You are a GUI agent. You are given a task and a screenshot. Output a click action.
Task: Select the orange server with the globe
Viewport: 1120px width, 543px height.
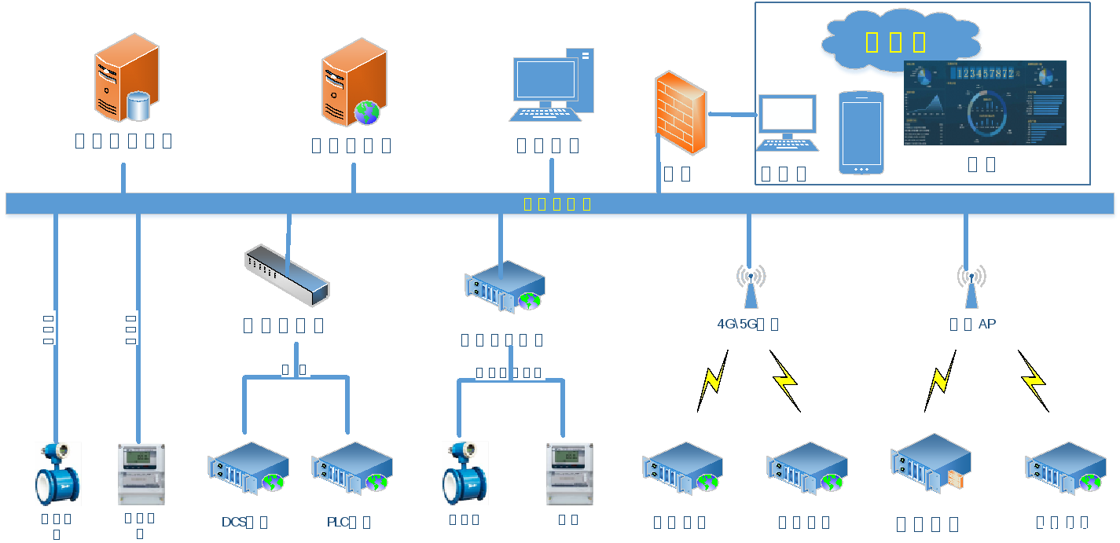354,82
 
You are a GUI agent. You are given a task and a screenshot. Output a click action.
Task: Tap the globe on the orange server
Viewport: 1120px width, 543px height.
367,112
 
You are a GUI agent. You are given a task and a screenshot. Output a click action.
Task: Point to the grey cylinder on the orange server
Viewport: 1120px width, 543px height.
138,106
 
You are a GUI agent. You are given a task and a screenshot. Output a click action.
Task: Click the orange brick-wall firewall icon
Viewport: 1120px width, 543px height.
681,112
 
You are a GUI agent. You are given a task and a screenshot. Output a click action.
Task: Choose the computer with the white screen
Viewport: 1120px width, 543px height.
787,123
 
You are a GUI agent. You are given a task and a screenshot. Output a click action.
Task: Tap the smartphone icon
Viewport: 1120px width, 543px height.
861,132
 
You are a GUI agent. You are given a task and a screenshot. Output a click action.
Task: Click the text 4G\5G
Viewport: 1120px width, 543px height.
736,324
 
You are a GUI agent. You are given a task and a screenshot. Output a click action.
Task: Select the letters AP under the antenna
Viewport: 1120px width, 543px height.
987,324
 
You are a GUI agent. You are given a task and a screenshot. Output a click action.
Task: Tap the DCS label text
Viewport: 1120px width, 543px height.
234,522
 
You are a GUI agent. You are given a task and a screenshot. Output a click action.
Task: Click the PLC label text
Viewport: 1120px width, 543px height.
338,522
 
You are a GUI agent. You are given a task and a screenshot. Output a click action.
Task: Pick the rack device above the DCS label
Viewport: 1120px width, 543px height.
248,468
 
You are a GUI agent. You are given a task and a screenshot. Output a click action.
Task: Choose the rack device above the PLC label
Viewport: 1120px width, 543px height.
352,468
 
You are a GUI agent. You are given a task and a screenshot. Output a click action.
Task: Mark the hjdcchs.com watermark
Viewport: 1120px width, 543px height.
1080,530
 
